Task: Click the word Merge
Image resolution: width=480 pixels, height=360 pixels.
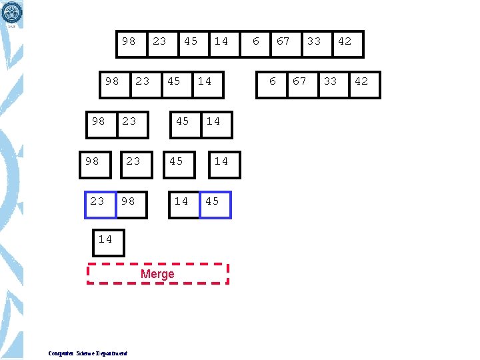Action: (157, 274)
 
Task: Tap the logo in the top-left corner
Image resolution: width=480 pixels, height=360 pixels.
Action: (12, 13)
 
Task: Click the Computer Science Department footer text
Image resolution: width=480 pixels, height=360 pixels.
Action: (88, 353)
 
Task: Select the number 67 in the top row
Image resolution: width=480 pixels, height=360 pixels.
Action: (283, 41)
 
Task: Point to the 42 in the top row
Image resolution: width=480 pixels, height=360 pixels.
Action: (345, 41)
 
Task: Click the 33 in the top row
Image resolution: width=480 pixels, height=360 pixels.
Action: (314, 41)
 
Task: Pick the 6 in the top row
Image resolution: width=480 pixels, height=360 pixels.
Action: (256, 41)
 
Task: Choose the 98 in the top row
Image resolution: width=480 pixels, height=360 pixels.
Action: (129, 41)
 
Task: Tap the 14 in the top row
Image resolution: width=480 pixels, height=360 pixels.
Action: (221, 41)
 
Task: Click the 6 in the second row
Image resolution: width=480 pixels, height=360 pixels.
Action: (272, 81)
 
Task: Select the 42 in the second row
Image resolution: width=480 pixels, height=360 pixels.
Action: (361, 81)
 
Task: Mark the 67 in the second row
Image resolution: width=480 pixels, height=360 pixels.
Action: (300, 81)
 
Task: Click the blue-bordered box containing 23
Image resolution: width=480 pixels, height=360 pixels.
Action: (100, 204)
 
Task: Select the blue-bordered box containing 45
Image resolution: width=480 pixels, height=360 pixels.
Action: (215, 204)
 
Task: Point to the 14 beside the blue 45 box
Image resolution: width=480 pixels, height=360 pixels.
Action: (181, 201)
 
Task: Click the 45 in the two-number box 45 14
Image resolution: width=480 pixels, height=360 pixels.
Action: (183, 121)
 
